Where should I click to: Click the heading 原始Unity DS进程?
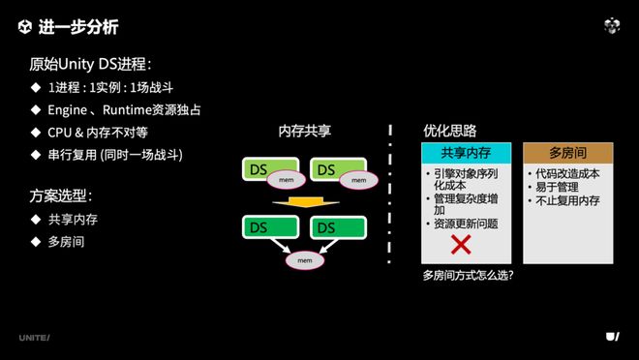pos(90,65)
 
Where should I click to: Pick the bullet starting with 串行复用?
pos(115,155)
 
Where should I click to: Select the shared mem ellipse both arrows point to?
pos(305,261)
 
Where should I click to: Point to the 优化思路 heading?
pos(450,131)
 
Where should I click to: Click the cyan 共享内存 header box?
pos(466,153)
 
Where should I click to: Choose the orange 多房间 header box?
pos(567,153)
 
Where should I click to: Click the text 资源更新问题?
pos(466,224)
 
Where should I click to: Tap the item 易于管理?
pos(556,188)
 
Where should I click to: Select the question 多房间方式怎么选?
pos(468,275)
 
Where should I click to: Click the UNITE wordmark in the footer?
pos(34,337)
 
